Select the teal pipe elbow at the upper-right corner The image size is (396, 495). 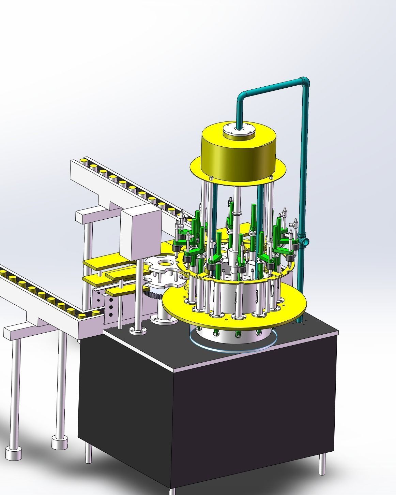(x=304, y=82)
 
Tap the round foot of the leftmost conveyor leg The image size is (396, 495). (x=14, y=453)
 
